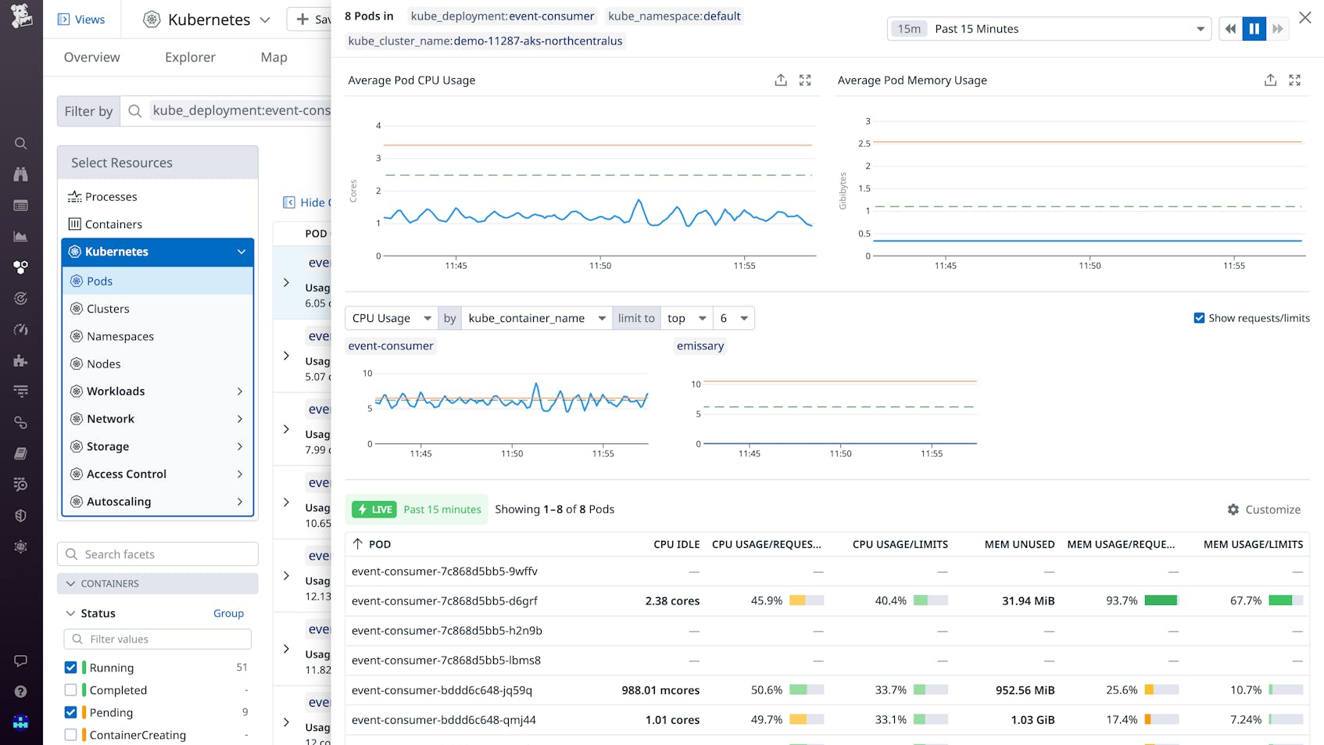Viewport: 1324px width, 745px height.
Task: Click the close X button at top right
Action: pos(1304,17)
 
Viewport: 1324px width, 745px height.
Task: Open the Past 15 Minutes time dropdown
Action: pos(1049,29)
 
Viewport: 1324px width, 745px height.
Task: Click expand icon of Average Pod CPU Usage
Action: pos(805,80)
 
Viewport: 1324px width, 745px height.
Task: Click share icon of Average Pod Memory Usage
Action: pos(1270,80)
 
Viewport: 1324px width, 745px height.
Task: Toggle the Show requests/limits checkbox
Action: pos(1199,318)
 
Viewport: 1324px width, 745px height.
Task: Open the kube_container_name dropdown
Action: pos(536,318)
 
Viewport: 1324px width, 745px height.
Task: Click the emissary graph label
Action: pos(700,346)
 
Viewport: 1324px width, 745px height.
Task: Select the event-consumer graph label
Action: pos(391,346)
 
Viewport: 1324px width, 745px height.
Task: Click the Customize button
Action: pos(1264,509)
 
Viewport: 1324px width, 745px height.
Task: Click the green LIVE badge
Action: pos(374,509)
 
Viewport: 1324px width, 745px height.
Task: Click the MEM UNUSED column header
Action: pos(1019,544)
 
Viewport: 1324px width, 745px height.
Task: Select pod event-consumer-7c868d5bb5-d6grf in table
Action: pos(445,600)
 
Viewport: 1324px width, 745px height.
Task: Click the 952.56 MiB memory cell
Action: pos(1025,689)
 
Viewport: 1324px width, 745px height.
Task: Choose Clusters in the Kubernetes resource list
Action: pos(108,309)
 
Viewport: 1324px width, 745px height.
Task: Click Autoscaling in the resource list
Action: pos(119,501)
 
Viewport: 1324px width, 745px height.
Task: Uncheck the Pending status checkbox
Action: pos(71,712)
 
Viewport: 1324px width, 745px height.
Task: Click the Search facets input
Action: pos(164,554)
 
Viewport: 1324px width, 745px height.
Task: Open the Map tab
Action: pos(274,57)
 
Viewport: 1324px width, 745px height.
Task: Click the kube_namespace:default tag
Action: pos(674,16)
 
